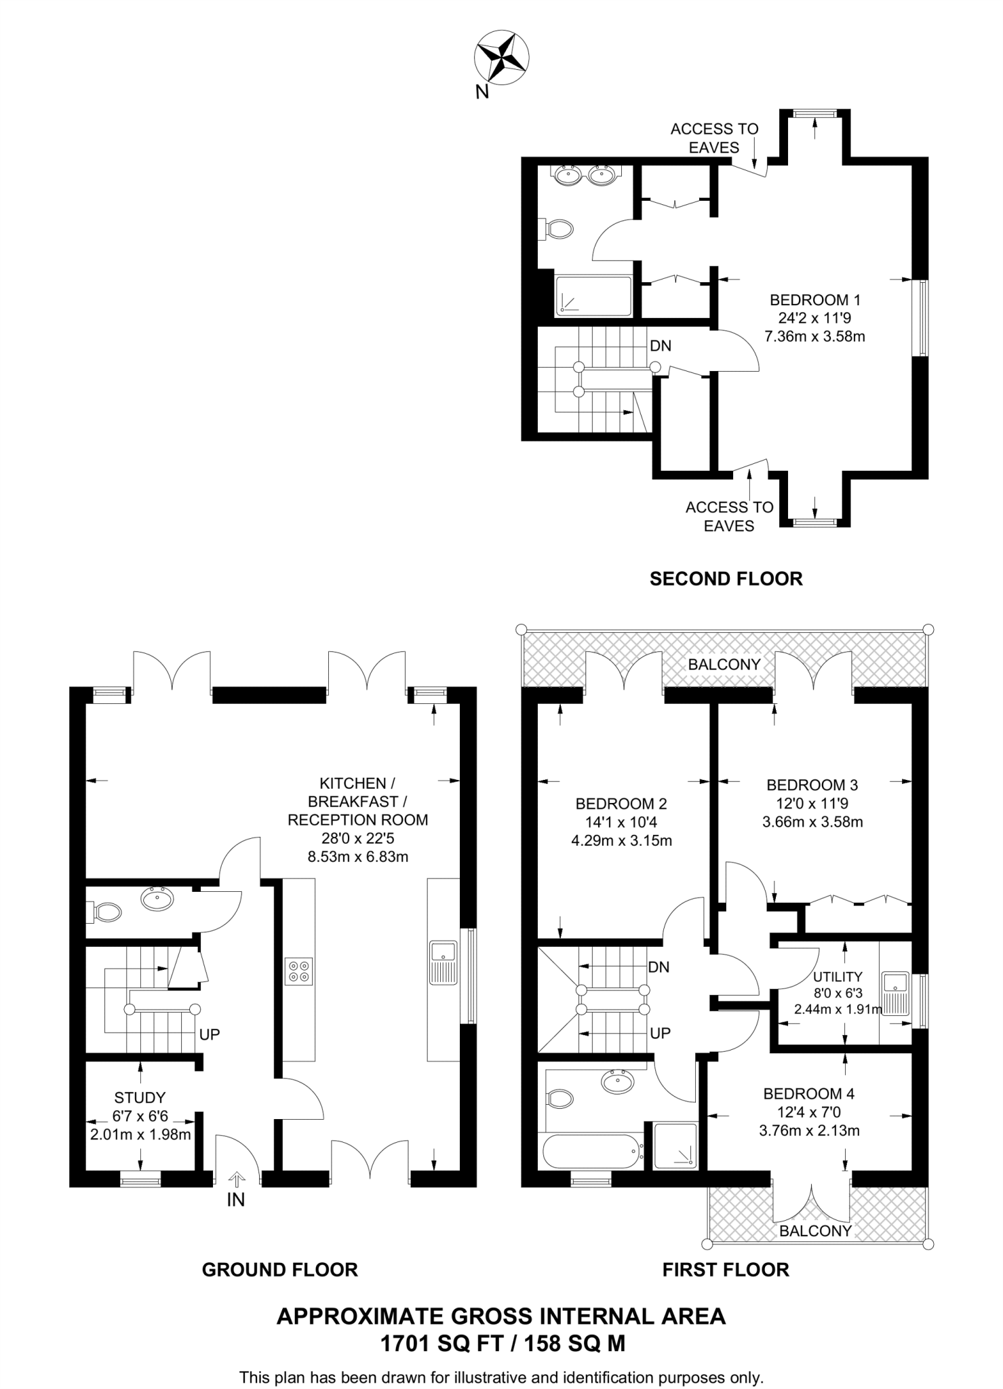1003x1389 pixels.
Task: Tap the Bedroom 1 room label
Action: click(x=814, y=300)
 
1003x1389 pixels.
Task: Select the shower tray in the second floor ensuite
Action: click(x=593, y=296)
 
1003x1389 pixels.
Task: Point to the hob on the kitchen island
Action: click(x=299, y=971)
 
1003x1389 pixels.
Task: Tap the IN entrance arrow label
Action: click(x=235, y=1200)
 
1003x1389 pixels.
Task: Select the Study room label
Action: click(x=140, y=1097)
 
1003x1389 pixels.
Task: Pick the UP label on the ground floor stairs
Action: click(x=210, y=1035)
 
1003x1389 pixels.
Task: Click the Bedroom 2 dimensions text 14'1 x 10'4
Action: click(x=621, y=823)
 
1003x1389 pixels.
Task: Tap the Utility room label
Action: click(x=838, y=977)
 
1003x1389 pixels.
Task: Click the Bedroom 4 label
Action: click(x=808, y=1093)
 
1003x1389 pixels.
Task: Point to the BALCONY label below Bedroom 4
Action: click(x=815, y=1231)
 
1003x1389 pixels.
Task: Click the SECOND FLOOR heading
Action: click(x=726, y=579)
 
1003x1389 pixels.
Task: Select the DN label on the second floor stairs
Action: click(x=660, y=346)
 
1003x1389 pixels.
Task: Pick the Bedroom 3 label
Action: click(x=812, y=785)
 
